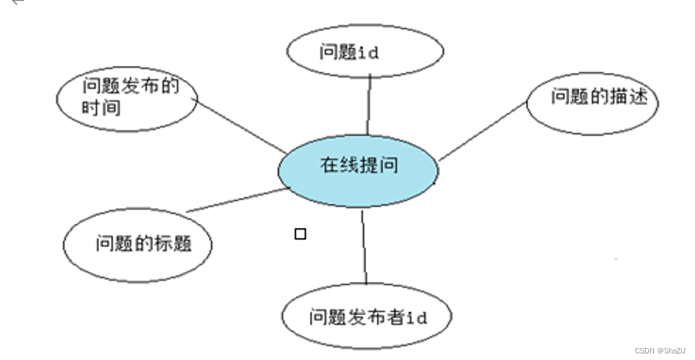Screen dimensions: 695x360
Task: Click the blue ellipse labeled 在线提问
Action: [357, 170]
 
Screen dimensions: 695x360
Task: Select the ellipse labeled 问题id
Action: [365, 52]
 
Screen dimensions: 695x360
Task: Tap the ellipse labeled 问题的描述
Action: [593, 103]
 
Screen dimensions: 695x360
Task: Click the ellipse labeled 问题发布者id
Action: [367, 316]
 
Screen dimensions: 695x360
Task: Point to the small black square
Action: [300, 233]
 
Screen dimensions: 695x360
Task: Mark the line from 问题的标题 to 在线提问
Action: [238, 199]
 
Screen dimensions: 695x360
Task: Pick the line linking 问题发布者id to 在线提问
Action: [364, 248]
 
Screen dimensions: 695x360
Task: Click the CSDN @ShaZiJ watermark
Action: [660, 350]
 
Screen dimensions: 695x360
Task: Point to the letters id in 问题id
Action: [368, 52]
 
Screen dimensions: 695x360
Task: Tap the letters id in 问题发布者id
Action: [416, 318]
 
